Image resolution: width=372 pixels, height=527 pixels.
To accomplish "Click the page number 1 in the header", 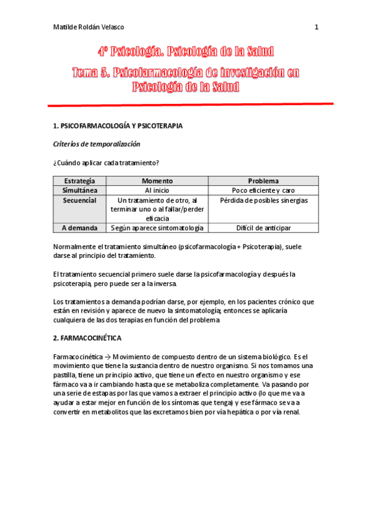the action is pos(316,27).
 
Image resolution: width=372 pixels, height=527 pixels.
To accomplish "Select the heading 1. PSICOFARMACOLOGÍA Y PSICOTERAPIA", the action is pos(118,126).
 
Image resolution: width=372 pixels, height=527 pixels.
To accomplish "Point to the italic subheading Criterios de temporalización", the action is pos(97,144).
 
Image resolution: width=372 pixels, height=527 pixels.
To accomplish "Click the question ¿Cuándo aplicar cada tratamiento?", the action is pos(106,162).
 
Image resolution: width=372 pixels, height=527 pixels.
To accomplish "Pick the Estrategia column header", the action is pos(79,181).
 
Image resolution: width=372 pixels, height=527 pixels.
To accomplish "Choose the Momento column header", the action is pos(157,181).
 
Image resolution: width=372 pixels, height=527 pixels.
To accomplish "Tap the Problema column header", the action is pos(263,181).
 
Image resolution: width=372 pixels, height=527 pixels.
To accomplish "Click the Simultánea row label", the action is pos(79,190).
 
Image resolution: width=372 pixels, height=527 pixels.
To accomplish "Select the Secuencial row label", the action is pos(79,200).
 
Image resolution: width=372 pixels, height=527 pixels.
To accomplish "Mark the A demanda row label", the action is pos(79,228).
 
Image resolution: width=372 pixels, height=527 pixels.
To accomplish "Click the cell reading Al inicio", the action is pos(157,190).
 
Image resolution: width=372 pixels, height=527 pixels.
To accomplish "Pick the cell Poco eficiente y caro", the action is pos(263,190).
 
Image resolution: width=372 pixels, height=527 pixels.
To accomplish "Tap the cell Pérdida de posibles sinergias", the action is pos(263,200).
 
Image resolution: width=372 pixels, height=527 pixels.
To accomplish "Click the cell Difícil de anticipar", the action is pos(263,228).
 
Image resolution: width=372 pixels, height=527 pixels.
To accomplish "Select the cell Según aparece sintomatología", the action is pos(157,228).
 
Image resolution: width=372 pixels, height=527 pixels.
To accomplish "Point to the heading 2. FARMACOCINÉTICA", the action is pos(92,338).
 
